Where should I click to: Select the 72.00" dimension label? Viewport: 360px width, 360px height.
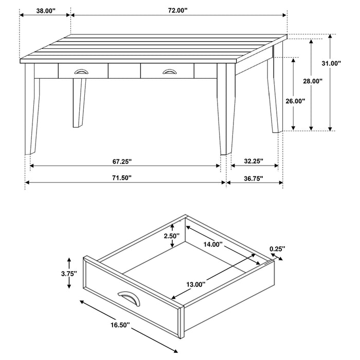pyautogui.click(x=177, y=9)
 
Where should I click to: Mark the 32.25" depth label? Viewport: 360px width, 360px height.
pyautogui.click(x=254, y=161)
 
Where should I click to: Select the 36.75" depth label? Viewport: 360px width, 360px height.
pyautogui.click(x=254, y=178)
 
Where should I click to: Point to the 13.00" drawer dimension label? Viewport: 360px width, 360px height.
pyautogui.click(x=195, y=284)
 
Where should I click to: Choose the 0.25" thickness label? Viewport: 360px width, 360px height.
pyautogui.click(x=277, y=249)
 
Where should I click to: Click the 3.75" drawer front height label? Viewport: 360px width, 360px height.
pyautogui.click(x=68, y=274)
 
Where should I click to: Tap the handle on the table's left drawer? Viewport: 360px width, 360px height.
pyautogui.click(x=81, y=71)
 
